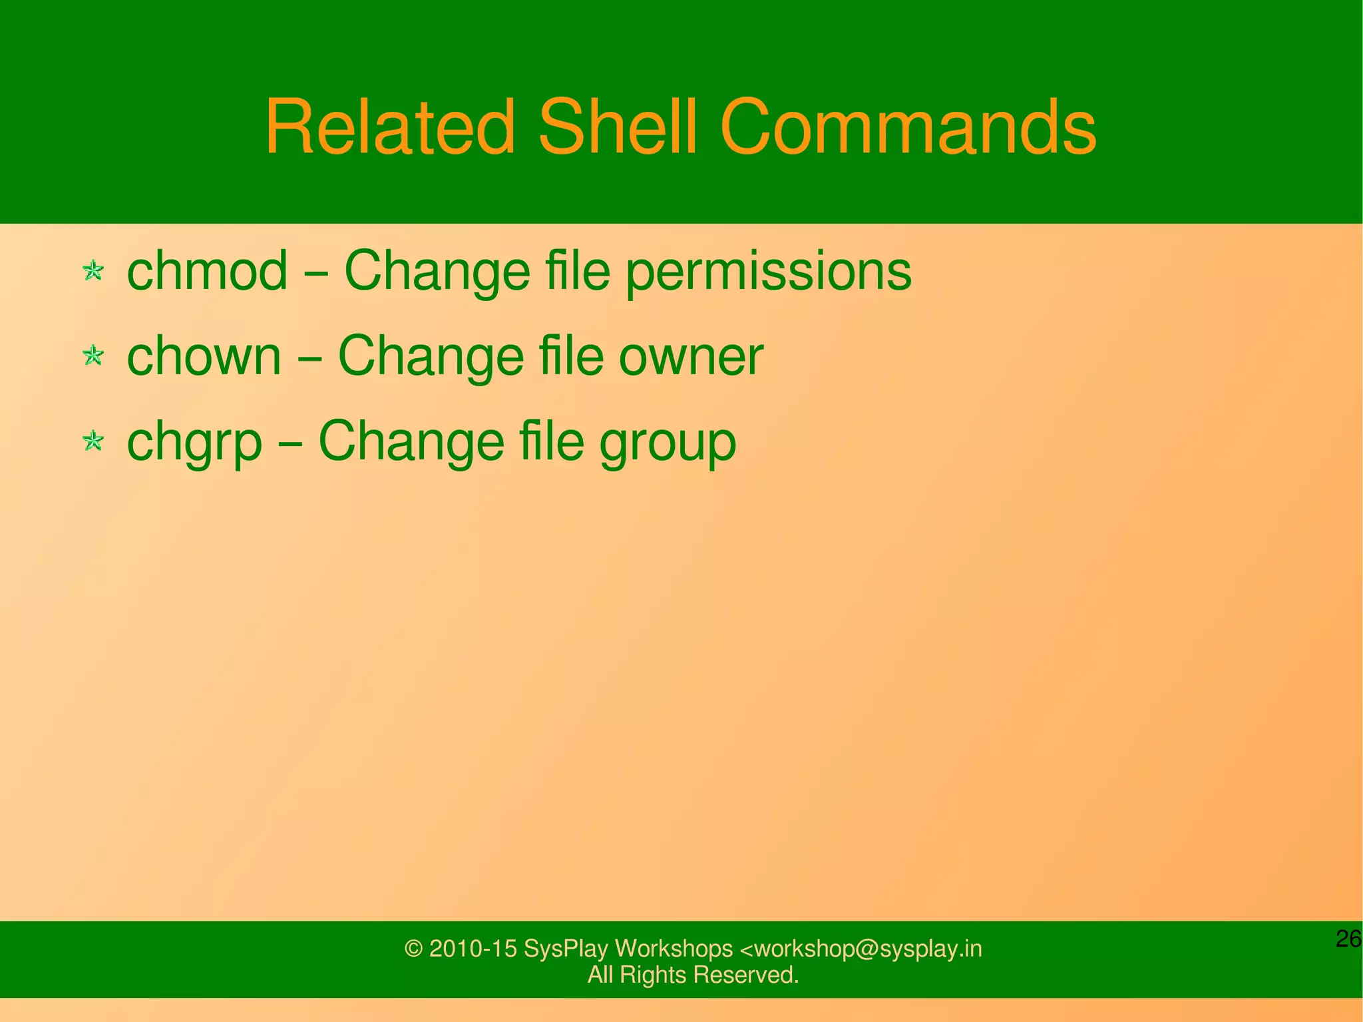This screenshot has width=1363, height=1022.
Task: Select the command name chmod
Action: coord(207,271)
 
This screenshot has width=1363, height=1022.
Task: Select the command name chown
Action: coord(204,356)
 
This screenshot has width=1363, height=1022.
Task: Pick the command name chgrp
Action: coord(194,443)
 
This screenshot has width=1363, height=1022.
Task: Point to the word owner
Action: coord(691,358)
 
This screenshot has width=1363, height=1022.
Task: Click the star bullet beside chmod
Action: coord(93,271)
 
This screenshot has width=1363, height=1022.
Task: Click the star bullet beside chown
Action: coord(93,356)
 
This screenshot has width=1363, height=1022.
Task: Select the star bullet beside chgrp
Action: coord(93,441)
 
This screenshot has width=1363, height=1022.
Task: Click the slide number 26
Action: coord(1348,939)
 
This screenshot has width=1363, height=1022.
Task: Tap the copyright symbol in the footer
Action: coord(413,949)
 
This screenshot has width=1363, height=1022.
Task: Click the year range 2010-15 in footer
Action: coord(473,949)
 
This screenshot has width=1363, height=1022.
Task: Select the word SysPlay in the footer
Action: coord(566,949)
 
